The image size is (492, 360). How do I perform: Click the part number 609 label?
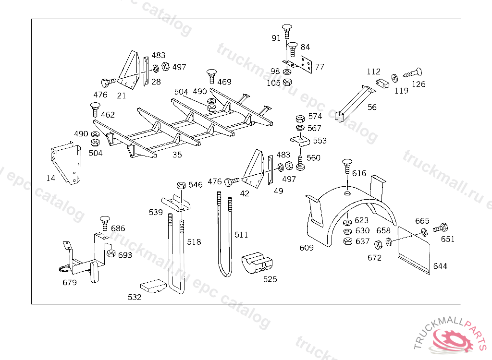pyautogui.click(x=307, y=248)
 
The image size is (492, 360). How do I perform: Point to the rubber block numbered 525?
pyautogui.click(x=256, y=264)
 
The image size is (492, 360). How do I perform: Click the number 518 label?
pyautogui.click(x=194, y=242)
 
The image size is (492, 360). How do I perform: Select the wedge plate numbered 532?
pyautogui.click(x=153, y=286)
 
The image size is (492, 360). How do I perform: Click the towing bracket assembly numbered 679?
pyautogui.click(x=84, y=259)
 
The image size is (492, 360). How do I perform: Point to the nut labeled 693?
pyautogui.click(x=111, y=253)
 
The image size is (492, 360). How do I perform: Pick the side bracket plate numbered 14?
pyautogui.click(x=65, y=163)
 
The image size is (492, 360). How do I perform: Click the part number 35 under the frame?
pyautogui.click(x=177, y=155)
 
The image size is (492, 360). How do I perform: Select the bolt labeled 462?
pyautogui.click(x=94, y=109)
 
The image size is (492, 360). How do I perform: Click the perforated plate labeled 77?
pyautogui.click(x=306, y=64)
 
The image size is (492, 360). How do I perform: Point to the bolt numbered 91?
pyautogui.click(x=288, y=30)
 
